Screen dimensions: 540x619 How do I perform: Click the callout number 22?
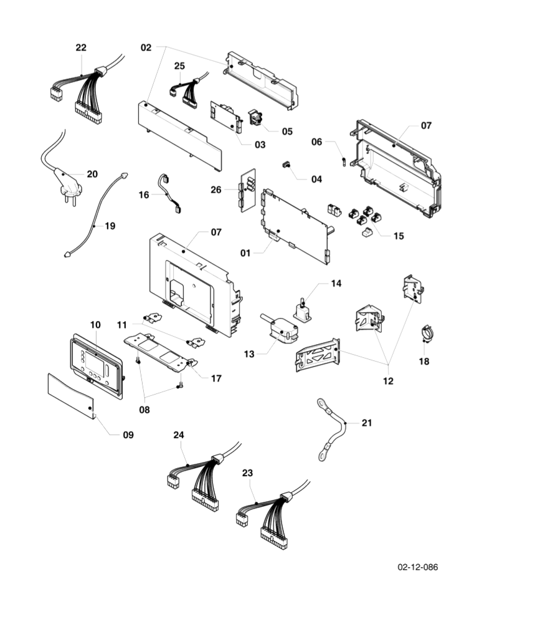pyautogui.click(x=81, y=47)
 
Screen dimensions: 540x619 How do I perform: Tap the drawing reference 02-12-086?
pyautogui.click(x=418, y=567)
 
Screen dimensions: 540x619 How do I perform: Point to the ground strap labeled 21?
pyautogui.click(x=331, y=429)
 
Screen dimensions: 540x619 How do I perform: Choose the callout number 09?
pyautogui.click(x=128, y=434)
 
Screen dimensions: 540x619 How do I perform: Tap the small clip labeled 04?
pyautogui.click(x=286, y=164)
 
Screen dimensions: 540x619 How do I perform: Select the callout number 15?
pyautogui.click(x=399, y=236)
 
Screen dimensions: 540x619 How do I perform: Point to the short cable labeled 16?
pyautogui.click(x=169, y=193)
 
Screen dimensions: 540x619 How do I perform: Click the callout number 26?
pyautogui.click(x=216, y=190)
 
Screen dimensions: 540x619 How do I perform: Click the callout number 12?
pyautogui.click(x=388, y=381)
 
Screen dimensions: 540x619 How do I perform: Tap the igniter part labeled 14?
pyautogui.click(x=302, y=310)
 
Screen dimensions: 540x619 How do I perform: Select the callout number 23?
pyautogui.click(x=247, y=473)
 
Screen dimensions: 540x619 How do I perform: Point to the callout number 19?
pyautogui.click(x=110, y=226)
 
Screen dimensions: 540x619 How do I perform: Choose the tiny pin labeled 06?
pyautogui.click(x=344, y=162)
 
